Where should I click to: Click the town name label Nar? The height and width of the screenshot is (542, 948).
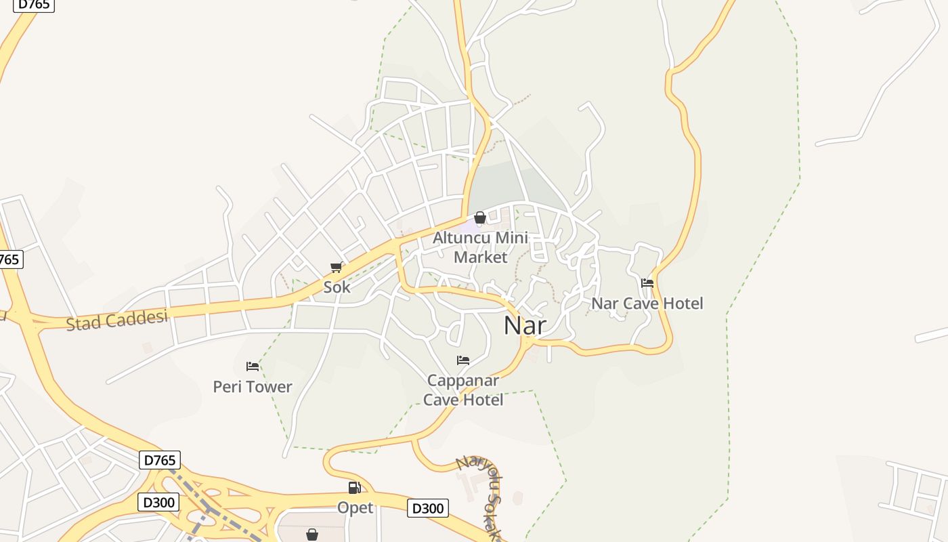[x=525, y=326]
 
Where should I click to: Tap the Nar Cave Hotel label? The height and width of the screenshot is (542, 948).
[x=647, y=303]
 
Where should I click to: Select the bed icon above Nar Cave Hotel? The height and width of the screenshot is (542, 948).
[x=647, y=283]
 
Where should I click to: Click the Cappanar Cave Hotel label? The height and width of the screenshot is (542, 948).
[x=463, y=390]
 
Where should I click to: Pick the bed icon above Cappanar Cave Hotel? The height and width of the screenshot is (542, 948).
[x=463, y=360]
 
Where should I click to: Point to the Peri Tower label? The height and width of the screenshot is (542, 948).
[x=253, y=387]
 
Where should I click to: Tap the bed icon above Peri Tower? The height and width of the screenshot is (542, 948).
[x=253, y=367]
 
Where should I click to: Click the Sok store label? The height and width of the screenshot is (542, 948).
[x=337, y=287]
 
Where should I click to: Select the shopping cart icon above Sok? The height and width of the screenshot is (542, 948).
[x=337, y=268]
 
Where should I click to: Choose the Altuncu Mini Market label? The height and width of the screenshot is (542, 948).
[x=480, y=248]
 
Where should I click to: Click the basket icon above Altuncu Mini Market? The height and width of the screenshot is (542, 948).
[x=480, y=217]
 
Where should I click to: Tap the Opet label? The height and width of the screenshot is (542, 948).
[x=355, y=507]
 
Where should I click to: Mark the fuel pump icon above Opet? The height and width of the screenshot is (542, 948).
[x=354, y=488]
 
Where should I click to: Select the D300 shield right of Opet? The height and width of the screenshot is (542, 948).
[x=428, y=508]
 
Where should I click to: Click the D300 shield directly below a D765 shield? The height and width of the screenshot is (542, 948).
[x=159, y=502]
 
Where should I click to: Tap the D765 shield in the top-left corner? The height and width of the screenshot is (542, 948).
[x=33, y=5]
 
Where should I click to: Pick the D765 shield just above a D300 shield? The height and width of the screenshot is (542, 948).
[x=160, y=461]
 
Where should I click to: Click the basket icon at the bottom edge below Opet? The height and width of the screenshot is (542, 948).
[x=312, y=535]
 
